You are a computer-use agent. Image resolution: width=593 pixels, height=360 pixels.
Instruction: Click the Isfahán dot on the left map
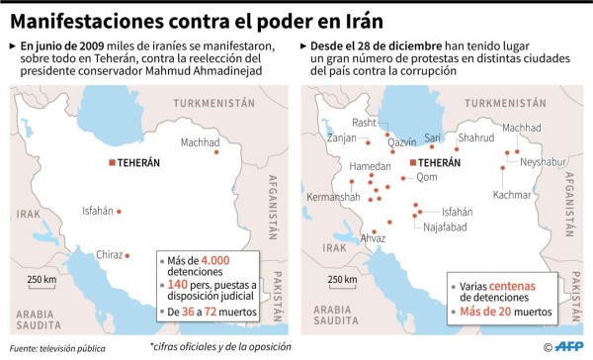[120, 211]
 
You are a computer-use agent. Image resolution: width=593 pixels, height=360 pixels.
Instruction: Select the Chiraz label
[110, 254]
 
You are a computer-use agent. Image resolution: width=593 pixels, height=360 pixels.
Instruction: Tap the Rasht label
[364, 123]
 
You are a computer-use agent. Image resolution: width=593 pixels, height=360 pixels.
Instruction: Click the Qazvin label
[401, 142]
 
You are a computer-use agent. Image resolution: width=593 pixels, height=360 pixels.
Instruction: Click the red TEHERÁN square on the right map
[412, 162]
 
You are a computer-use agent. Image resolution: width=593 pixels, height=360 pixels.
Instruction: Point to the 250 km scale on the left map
[42, 280]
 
